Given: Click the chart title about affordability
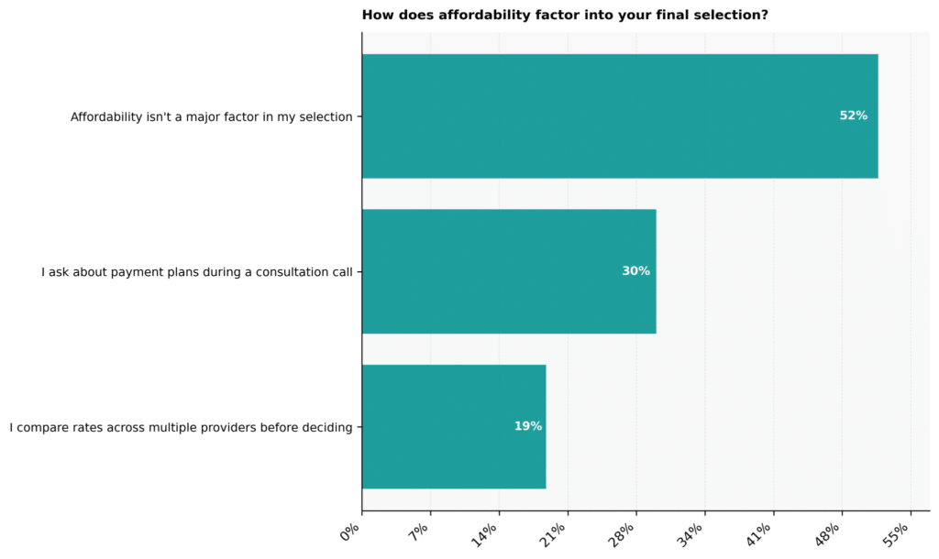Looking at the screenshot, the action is [x=565, y=15].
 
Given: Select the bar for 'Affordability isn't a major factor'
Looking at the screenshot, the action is [x=620, y=116].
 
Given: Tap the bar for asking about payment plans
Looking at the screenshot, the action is [x=509, y=271].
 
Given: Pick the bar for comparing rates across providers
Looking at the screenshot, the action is [x=454, y=427].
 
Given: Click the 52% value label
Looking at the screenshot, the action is [x=854, y=115].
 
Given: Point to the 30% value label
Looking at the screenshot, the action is [x=636, y=271].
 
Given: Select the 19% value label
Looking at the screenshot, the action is [x=528, y=426].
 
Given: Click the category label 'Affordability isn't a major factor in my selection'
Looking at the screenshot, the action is [x=212, y=116].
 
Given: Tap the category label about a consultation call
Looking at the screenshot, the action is [x=197, y=272].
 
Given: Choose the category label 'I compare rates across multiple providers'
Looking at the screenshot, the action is [x=181, y=427].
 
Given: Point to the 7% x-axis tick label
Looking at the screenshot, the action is [x=418, y=532].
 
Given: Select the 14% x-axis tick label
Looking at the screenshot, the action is [x=484, y=535].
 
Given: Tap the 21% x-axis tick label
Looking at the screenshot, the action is [x=553, y=535].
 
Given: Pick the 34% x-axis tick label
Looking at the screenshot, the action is [x=690, y=535].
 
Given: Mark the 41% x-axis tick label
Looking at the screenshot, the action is [x=758, y=535].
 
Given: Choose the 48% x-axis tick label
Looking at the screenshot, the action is [x=827, y=535].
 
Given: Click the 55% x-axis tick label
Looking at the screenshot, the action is [x=896, y=535].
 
